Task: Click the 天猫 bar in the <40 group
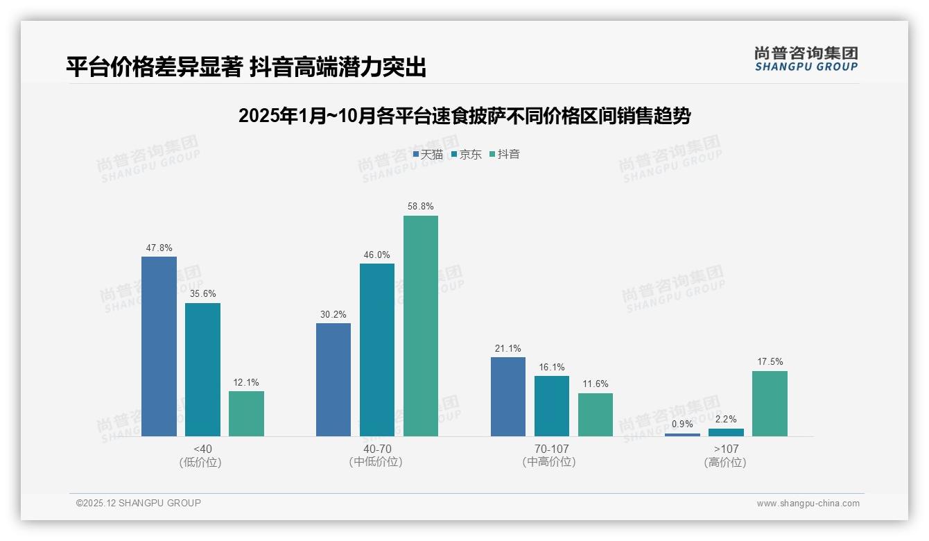click(x=159, y=346)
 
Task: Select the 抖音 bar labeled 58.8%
click(x=421, y=326)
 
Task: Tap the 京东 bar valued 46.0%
click(x=377, y=350)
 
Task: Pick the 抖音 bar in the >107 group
click(x=770, y=404)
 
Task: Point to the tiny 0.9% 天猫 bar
click(x=682, y=435)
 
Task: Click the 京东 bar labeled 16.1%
click(x=552, y=406)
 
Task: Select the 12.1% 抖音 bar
click(x=246, y=413)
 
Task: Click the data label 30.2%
click(x=333, y=315)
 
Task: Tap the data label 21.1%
click(x=508, y=349)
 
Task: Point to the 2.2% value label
click(x=726, y=420)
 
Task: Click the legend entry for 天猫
click(x=428, y=155)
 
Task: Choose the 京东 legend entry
click(x=467, y=155)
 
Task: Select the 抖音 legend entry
click(x=505, y=155)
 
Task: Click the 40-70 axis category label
click(x=377, y=449)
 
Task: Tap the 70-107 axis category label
click(x=551, y=449)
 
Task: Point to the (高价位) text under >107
click(x=726, y=463)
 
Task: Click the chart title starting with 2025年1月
click(x=464, y=116)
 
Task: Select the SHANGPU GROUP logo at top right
click(x=806, y=59)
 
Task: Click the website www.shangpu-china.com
click(x=808, y=504)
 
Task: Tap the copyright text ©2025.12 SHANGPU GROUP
click(x=139, y=503)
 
